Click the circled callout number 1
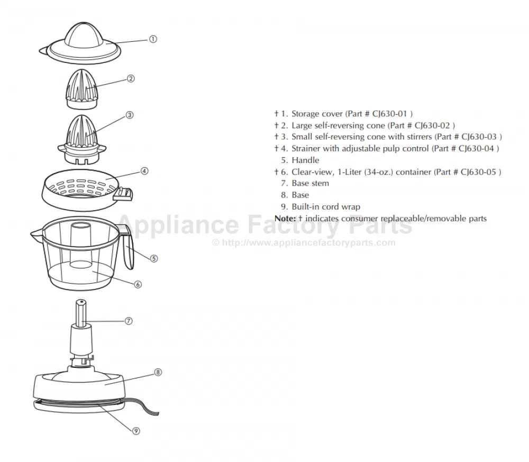click(x=153, y=39)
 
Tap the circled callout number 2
click(x=131, y=79)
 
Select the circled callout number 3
click(x=130, y=115)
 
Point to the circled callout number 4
click(x=144, y=171)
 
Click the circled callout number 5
click(x=154, y=258)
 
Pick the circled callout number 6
click(x=138, y=285)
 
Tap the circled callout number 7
click(x=129, y=321)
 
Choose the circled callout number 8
click(x=158, y=372)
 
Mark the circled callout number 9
click(x=136, y=431)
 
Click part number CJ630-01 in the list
click(x=390, y=114)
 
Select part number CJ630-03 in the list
click(x=479, y=137)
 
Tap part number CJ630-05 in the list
click(x=478, y=172)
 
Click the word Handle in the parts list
click(x=305, y=160)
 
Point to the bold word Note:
click(x=285, y=219)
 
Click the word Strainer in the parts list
click(x=306, y=149)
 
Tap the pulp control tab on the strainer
click(x=123, y=194)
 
